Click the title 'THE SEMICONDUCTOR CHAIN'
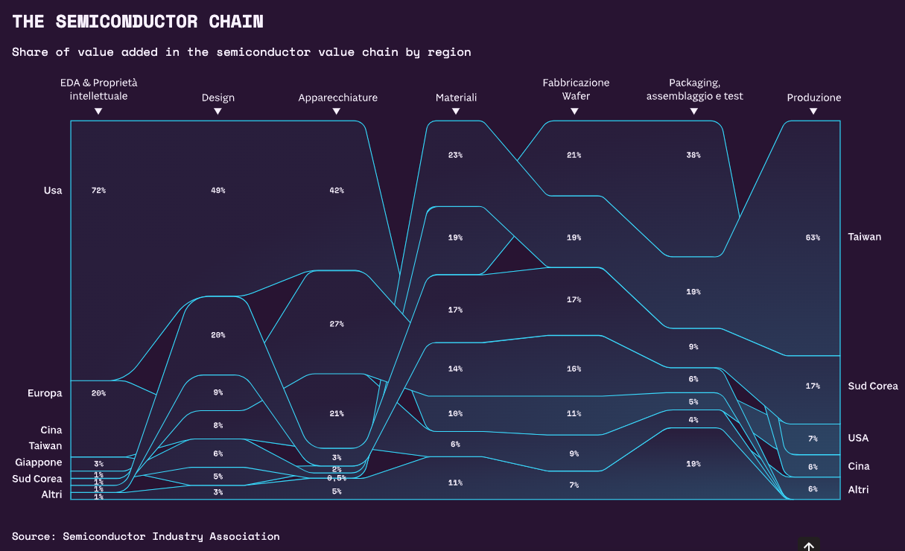[x=138, y=22]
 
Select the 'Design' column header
[x=217, y=98]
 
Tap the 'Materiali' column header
[x=456, y=98]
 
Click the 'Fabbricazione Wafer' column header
[x=575, y=89]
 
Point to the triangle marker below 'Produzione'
[x=813, y=111]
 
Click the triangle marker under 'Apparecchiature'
[x=337, y=111]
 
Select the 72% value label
[x=98, y=191]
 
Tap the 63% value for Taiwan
[x=813, y=238]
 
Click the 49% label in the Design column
[x=217, y=191]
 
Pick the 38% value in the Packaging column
[x=693, y=155]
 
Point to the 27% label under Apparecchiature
[x=337, y=324]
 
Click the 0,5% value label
[x=337, y=478]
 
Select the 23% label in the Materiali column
[x=455, y=155]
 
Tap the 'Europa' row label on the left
[x=45, y=393]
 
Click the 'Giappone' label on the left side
[x=39, y=462]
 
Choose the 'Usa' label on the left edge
[x=53, y=191]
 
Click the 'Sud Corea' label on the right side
[x=872, y=386]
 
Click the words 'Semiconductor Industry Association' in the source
[x=171, y=536]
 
